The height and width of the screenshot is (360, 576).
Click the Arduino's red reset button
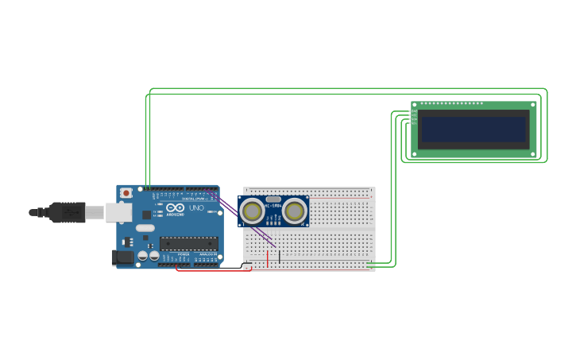126,193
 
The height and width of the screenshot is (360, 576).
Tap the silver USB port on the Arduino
118,212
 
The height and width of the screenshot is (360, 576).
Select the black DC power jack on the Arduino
124,257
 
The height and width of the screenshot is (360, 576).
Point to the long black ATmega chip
188,243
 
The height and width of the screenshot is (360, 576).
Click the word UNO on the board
196,208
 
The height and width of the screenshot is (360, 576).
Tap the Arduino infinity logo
176,208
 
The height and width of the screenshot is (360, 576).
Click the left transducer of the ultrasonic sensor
253,211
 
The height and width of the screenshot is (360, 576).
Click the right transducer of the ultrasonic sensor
295,211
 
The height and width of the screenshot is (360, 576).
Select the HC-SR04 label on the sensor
273,206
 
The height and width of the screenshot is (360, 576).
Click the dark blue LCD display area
474,130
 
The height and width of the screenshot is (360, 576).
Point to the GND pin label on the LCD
414,112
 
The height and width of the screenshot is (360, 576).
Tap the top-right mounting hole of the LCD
533,104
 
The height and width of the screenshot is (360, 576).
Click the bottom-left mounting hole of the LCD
415,154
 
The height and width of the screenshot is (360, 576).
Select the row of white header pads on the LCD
451,103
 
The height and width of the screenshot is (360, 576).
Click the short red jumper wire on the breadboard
268,258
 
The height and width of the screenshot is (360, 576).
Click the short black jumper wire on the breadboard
279,256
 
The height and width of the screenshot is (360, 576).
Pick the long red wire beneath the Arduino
211,270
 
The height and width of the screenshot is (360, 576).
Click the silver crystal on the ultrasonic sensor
273,199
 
